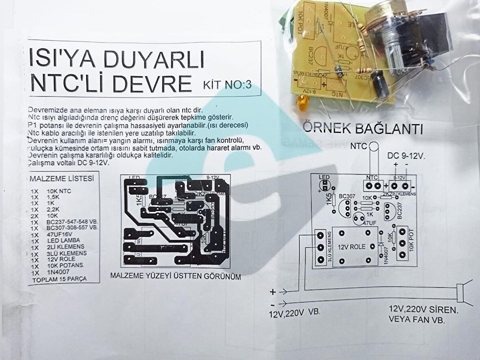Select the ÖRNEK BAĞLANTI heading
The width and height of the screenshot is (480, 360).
(362, 129)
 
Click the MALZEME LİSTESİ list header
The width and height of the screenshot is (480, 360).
(62, 179)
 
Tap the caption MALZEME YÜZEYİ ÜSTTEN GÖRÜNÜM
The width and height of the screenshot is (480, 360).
(175, 276)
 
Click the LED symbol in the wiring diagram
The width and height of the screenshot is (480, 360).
(325, 185)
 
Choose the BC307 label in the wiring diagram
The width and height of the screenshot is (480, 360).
(346, 196)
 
